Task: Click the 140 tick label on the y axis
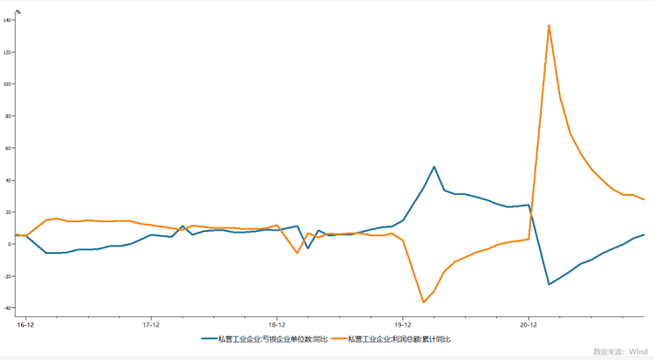click(x=8, y=20)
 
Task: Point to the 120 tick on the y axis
click(x=8, y=52)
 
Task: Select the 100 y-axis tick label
click(x=8, y=84)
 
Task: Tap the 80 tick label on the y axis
click(x=9, y=116)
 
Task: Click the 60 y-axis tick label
click(x=9, y=148)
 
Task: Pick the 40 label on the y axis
click(x=9, y=180)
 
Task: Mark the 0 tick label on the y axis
click(x=11, y=244)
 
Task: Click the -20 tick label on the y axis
click(x=8, y=276)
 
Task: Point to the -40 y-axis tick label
click(x=8, y=308)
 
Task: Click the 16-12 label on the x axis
click(x=25, y=324)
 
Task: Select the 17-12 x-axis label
click(x=150, y=324)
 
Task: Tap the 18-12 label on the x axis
click(x=277, y=324)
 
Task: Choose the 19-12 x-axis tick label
click(x=402, y=324)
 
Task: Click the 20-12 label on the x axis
click(x=528, y=324)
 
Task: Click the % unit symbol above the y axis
click(x=18, y=12)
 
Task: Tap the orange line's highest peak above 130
click(x=549, y=25)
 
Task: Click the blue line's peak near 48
click(x=434, y=167)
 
